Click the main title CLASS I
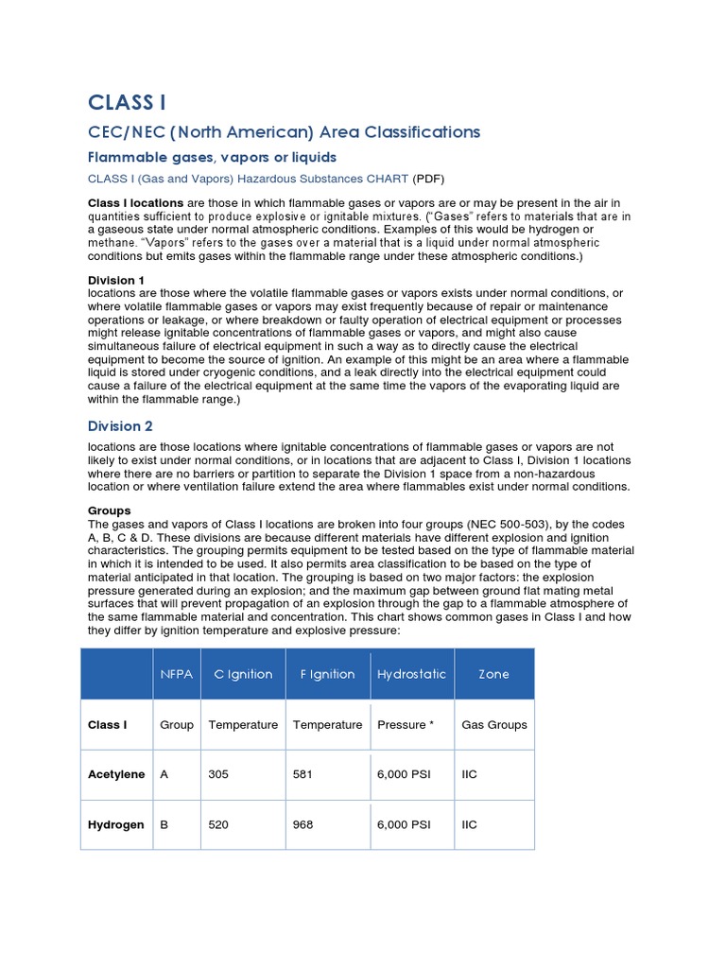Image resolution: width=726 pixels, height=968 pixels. click(127, 102)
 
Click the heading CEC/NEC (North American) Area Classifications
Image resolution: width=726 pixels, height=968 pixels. click(284, 131)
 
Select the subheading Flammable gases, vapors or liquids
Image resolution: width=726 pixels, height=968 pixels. click(212, 157)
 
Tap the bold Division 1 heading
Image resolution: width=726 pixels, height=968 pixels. click(116, 281)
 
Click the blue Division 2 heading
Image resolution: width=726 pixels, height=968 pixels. click(120, 426)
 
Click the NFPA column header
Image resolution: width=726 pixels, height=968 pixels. click(176, 674)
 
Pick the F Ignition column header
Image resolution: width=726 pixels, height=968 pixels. click(327, 674)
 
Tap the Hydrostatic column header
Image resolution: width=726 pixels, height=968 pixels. click(411, 674)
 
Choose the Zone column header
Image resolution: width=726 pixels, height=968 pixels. click(493, 674)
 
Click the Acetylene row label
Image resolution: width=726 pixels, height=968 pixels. click(116, 774)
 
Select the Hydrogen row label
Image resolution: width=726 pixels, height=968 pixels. click(115, 824)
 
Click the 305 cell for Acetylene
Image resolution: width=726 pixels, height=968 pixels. click(218, 774)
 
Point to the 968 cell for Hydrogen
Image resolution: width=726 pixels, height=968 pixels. click(303, 824)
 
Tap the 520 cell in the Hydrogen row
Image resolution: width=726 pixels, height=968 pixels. click(218, 824)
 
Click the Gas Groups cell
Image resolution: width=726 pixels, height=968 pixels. click(493, 725)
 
